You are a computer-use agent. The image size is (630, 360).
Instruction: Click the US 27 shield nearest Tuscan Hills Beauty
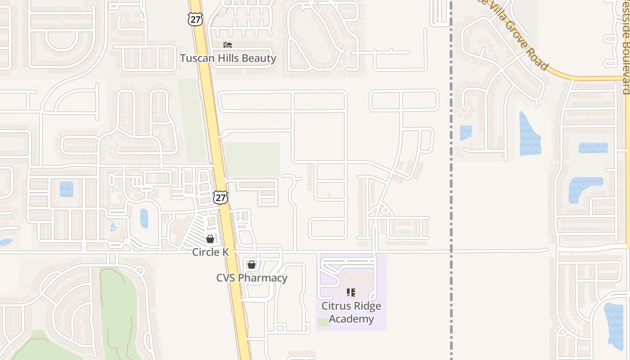coord(195,19)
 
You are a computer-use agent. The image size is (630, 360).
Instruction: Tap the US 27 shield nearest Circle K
coord(220,198)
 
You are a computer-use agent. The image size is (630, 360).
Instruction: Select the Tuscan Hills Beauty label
coord(228,58)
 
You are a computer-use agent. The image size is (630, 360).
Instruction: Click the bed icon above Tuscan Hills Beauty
coord(228,45)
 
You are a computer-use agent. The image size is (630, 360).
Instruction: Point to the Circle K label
coord(210,252)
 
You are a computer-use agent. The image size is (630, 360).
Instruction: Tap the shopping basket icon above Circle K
coord(210,239)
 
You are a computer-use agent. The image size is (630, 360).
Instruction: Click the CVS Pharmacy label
coord(252,278)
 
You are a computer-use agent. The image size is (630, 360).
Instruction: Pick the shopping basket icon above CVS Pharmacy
coord(252,265)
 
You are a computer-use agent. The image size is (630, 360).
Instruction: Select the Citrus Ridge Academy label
coord(351,312)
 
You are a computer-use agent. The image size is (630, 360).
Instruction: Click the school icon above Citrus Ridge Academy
coord(351,292)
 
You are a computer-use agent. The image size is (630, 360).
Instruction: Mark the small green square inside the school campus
coord(323,322)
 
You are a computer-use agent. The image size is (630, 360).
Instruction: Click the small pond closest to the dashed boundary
coord(466,132)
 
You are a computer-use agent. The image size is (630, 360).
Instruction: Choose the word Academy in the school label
coord(351,319)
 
